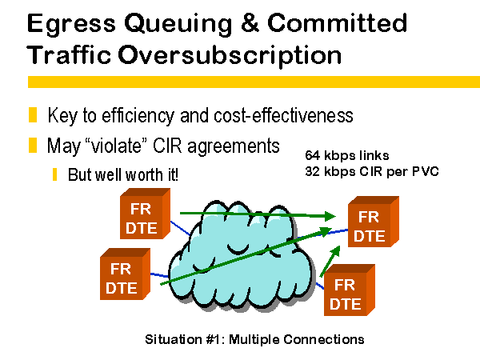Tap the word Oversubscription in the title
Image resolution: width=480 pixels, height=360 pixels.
coord(230,55)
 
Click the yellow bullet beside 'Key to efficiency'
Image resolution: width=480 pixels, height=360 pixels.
coord(33,114)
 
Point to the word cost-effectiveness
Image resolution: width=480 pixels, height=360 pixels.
coord(283,115)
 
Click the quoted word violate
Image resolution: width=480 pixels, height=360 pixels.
coord(118,146)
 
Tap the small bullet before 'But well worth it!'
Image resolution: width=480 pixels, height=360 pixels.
coord(54,174)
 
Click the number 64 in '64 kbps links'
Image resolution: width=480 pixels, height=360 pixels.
coord(312,155)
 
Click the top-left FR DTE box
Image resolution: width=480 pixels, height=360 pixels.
coord(145,214)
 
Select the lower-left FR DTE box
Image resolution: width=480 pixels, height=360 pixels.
coord(125,274)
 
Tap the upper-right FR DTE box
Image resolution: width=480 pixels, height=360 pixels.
coord(374,222)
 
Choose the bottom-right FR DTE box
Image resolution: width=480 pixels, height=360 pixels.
coord(350,290)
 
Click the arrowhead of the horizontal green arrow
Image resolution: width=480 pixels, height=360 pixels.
coord(330,217)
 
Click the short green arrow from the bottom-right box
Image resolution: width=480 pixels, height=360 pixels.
coord(330,261)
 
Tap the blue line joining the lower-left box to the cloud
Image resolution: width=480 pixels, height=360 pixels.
coord(159,275)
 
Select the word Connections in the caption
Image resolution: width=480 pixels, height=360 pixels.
coord(324,339)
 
